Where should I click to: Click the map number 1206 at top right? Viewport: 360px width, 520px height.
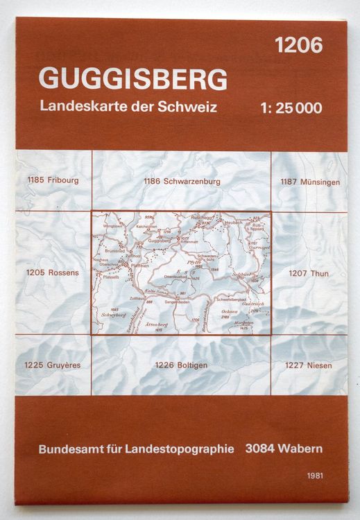point(298,46)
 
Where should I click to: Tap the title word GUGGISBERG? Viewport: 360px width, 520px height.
point(133,79)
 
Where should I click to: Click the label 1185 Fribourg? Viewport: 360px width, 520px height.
point(51,181)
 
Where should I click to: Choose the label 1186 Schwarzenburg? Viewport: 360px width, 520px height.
point(181,181)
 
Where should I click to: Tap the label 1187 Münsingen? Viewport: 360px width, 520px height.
point(309,182)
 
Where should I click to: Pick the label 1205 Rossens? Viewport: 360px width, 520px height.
point(51,272)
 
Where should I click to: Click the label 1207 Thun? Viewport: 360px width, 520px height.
point(309,272)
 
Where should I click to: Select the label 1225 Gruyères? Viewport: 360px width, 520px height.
point(51,365)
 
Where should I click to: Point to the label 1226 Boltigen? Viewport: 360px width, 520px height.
point(181,365)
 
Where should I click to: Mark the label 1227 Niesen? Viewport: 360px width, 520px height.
point(309,365)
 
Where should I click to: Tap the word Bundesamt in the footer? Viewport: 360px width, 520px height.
point(67,448)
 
